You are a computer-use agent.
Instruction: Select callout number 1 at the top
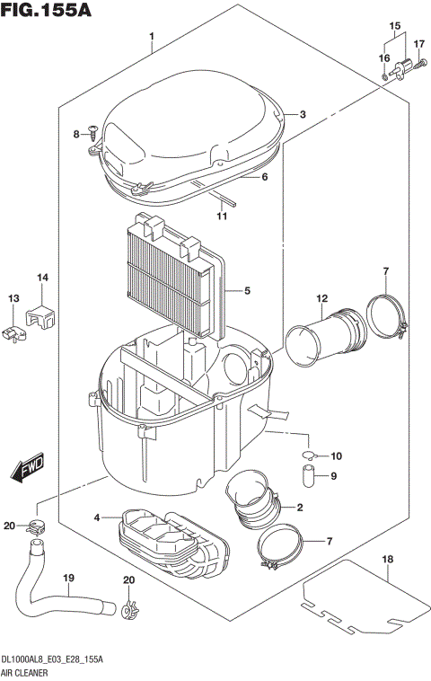153,37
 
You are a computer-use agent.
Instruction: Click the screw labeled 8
91,133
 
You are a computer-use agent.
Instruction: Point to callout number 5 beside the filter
246,290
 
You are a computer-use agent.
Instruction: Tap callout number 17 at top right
418,43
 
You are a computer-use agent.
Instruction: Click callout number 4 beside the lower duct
96,517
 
